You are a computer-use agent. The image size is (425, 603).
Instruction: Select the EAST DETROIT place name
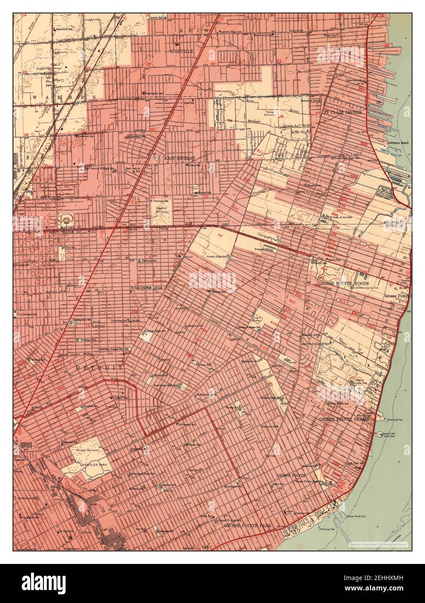click(179, 158)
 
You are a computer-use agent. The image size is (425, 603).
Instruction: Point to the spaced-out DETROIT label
click(99, 367)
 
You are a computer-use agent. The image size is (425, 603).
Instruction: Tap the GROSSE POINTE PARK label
click(247, 525)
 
